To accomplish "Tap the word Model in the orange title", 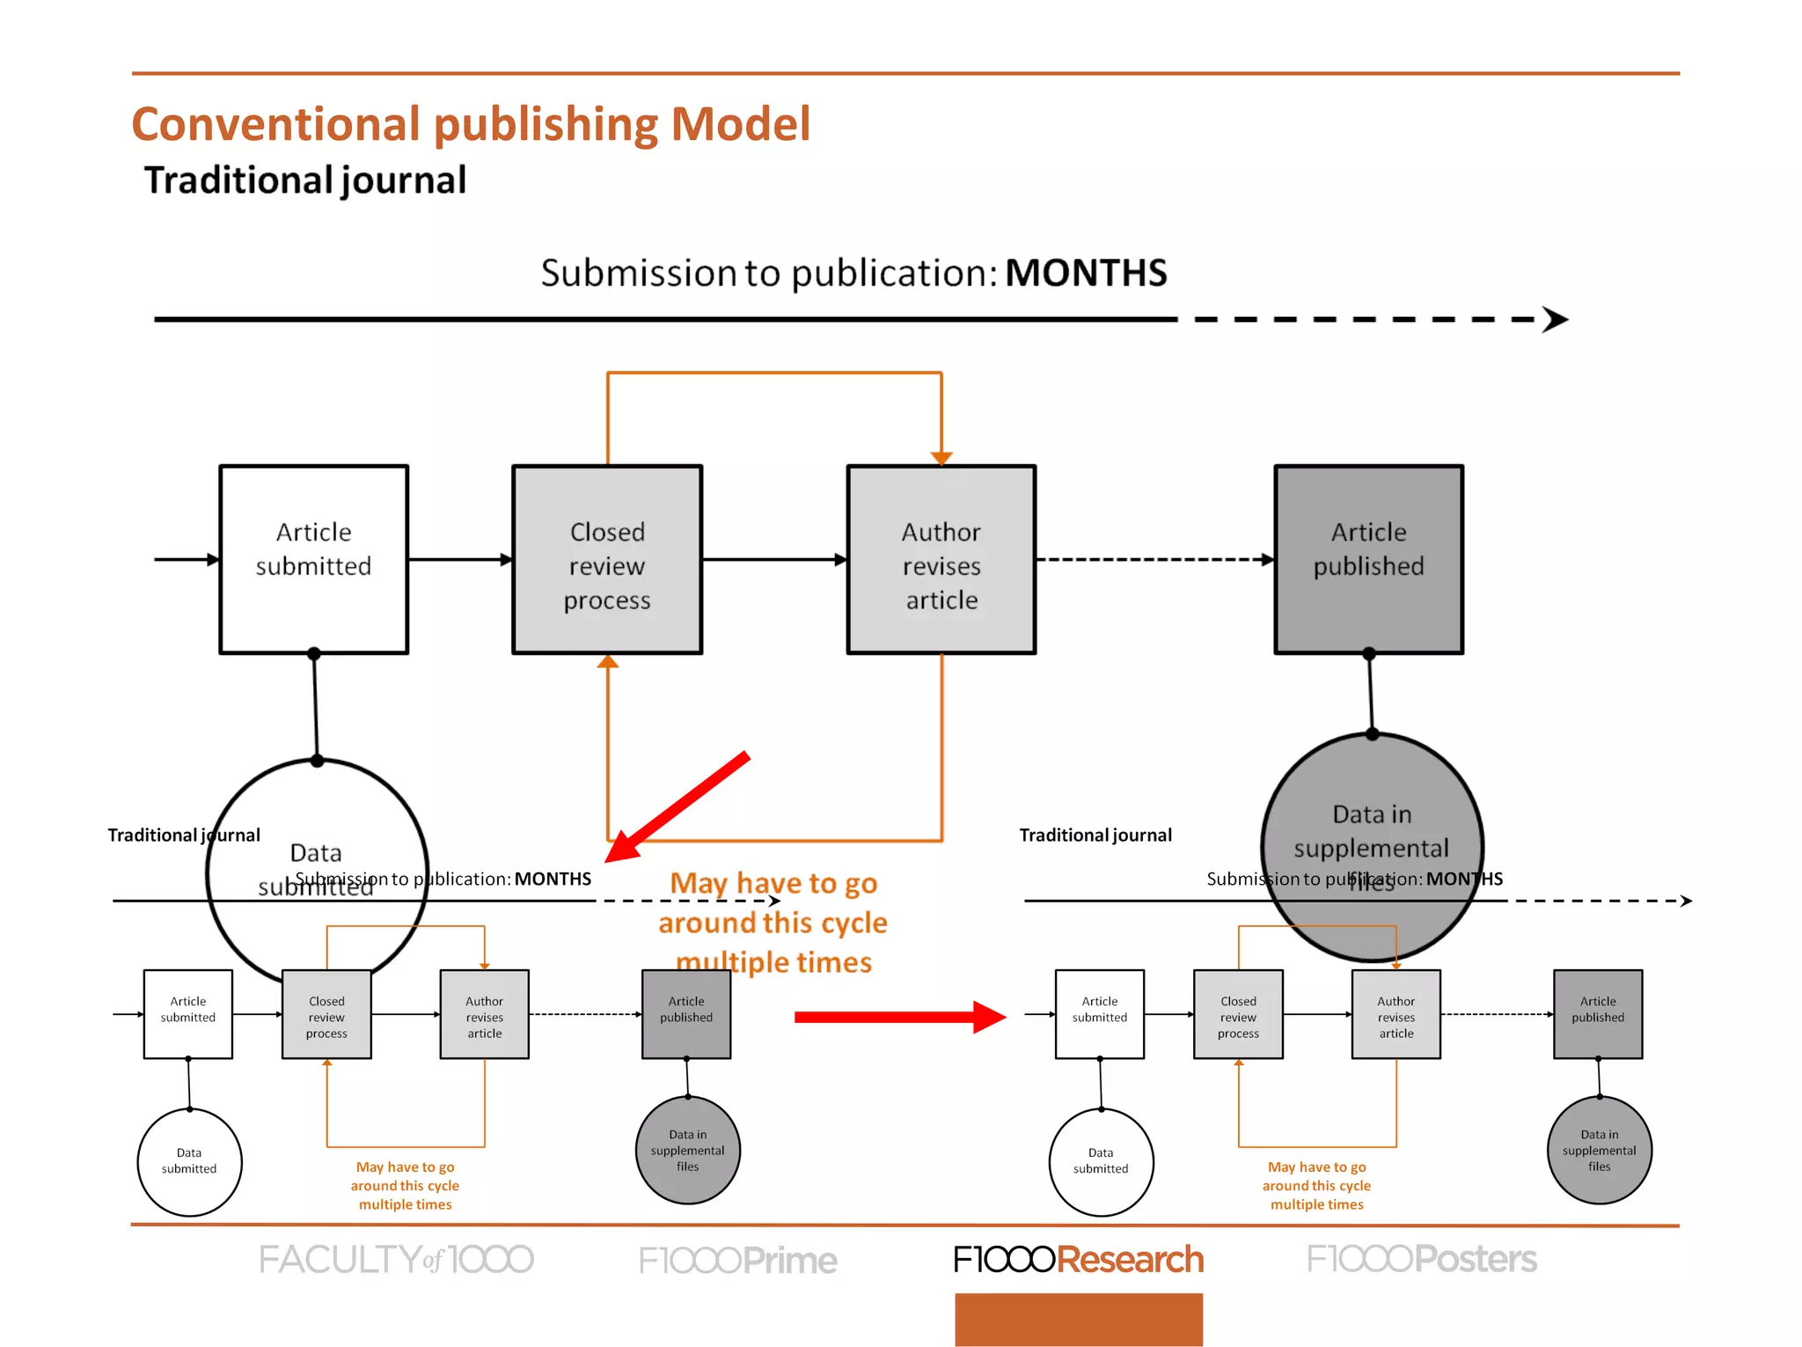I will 740,124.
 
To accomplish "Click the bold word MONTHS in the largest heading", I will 1086,273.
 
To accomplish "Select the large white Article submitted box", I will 313,559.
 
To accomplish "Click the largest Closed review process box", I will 607,559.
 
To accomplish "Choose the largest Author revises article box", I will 941,559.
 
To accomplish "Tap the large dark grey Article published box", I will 1368,559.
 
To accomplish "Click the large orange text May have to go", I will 773,883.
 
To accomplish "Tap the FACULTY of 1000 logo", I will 396,1260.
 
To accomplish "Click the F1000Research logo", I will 1078,1260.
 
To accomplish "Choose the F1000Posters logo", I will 1421,1260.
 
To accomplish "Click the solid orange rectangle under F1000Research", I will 1078,1319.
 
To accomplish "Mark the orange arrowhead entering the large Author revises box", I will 941,458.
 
